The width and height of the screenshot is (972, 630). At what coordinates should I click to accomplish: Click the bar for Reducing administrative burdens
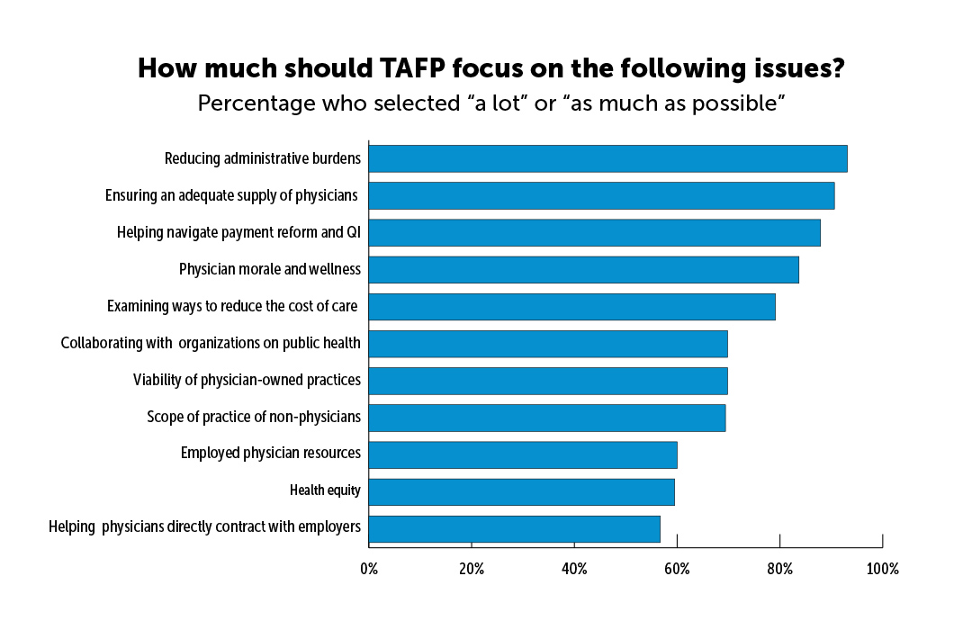tap(607, 158)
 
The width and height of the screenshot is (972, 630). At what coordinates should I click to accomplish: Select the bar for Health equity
tap(521, 491)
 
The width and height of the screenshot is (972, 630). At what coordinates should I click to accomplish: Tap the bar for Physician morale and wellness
tap(583, 269)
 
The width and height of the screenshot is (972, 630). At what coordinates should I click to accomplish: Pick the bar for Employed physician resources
tap(522, 454)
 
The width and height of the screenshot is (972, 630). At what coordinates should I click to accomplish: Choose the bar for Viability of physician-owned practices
tap(547, 381)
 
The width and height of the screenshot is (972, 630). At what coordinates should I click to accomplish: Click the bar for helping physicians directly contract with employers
tap(514, 528)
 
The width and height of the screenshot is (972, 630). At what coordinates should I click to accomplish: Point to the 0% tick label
tap(369, 569)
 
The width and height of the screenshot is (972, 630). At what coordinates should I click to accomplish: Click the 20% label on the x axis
tap(472, 569)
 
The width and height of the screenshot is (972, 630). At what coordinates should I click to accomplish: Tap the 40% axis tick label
tap(574, 569)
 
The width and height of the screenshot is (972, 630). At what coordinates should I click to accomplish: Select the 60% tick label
tap(677, 569)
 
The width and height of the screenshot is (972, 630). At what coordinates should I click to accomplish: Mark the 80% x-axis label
tap(779, 569)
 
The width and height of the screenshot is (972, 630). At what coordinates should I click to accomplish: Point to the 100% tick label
tap(882, 569)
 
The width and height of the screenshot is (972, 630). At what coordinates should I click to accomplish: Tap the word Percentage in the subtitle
tap(259, 103)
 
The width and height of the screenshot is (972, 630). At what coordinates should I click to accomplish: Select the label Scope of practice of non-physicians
tap(254, 417)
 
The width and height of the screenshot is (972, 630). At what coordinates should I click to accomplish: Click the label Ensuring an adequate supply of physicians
tap(231, 195)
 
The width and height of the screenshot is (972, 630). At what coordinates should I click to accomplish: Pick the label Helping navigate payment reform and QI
tap(238, 232)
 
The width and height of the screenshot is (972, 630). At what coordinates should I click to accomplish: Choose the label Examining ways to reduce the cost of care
tap(232, 306)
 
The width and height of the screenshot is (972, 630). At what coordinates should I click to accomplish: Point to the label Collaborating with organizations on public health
tap(211, 343)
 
